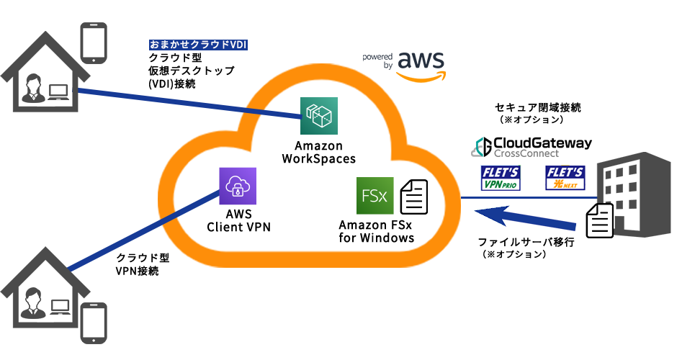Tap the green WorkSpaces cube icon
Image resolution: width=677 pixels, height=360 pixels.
(318, 116)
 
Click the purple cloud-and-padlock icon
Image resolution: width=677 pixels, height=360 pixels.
(238, 186)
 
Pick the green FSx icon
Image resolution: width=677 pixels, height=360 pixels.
(375, 196)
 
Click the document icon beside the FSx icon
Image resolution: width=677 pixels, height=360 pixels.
(413, 197)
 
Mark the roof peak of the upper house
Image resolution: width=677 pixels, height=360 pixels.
(43, 32)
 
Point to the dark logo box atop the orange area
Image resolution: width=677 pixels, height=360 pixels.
(404, 67)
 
